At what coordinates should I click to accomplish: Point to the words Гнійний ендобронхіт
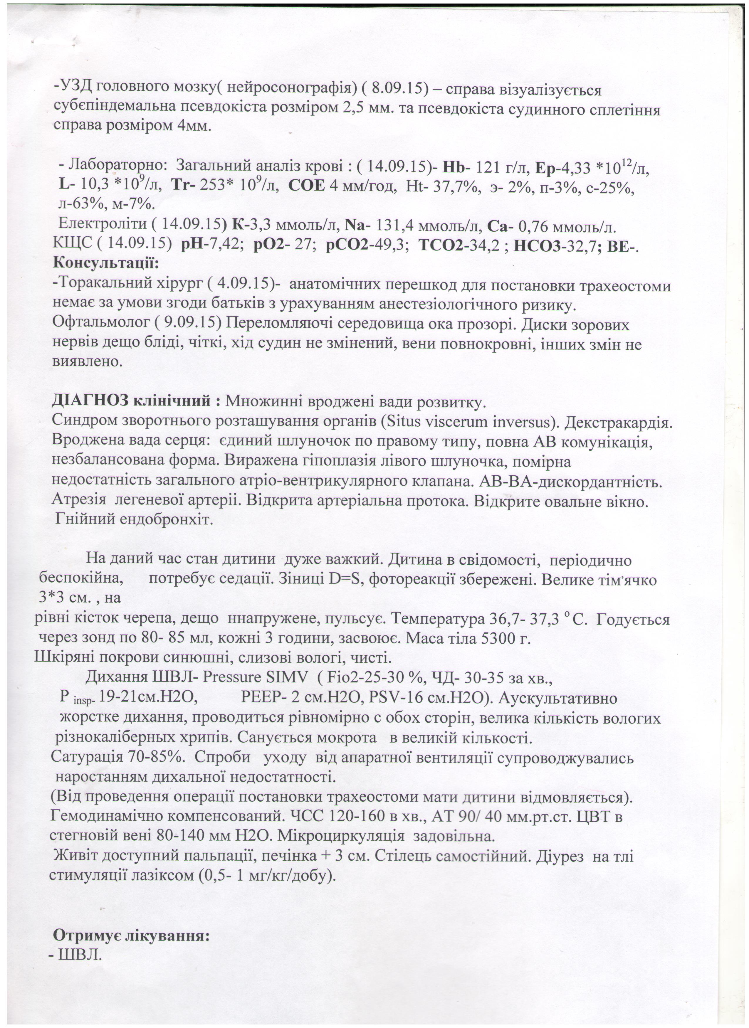tap(134, 519)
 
